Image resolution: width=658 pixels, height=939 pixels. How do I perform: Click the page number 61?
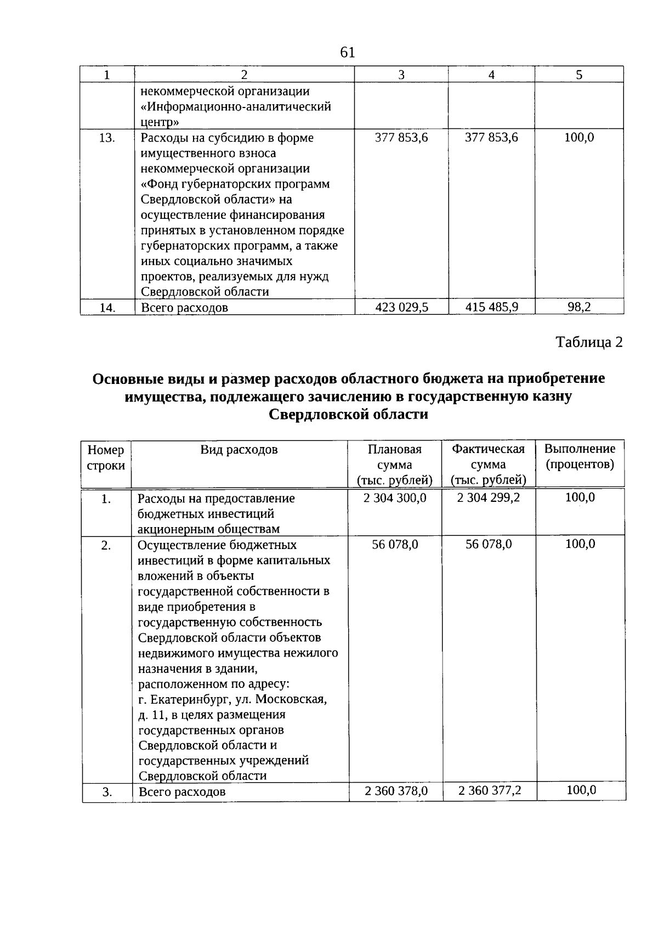(348, 53)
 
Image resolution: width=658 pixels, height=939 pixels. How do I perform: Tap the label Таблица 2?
(589, 342)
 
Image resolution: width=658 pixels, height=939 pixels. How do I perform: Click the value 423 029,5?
(401, 307)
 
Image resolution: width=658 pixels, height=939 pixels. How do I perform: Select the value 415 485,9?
(491, 307)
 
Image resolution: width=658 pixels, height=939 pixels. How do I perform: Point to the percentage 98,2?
(579, 307)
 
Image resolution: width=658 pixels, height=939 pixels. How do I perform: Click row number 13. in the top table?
(107, 138)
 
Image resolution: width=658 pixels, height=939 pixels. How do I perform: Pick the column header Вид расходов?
(239, 450)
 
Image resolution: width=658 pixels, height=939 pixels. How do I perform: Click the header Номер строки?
(106, 457)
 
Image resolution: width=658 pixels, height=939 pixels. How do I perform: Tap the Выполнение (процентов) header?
(580, 456)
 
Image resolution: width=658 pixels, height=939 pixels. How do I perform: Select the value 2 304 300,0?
(395, 497)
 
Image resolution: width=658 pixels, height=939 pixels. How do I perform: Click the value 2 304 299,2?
(488, 497)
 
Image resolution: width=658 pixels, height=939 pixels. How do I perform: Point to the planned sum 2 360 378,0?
(396, 790)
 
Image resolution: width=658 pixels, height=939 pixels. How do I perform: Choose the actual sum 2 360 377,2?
(490, 790)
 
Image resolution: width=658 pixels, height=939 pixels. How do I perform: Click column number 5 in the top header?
(579, 75)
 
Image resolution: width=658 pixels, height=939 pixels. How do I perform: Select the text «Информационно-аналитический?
(236, 106)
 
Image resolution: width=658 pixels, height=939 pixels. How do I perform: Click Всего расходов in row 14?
(184, 308)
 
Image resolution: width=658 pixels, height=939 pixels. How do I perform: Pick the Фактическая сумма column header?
(488, 465)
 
